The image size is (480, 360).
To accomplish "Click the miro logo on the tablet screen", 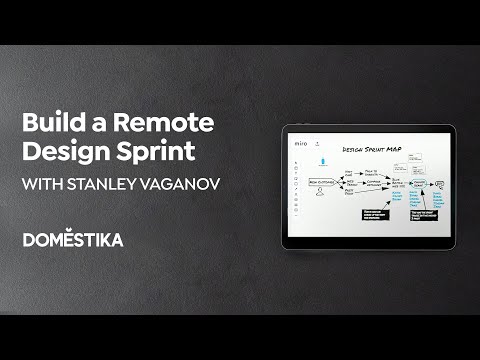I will click(301, 144).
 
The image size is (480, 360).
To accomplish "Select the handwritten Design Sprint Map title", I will click(371, 148).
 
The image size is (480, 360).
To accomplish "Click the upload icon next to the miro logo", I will click(316, 144).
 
